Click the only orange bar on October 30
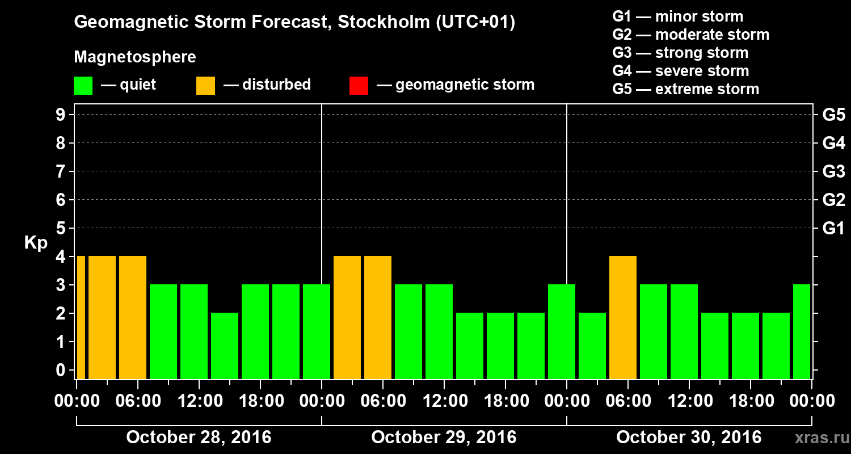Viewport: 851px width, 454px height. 622,317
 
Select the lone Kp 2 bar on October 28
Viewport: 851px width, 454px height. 224,346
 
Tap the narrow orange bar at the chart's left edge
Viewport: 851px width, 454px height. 81,317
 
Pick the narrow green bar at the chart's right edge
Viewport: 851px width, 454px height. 801,331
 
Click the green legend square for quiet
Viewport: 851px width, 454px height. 83,86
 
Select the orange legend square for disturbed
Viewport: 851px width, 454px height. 205,86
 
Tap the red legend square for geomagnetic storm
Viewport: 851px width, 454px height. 359,86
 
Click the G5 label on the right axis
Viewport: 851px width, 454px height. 833,115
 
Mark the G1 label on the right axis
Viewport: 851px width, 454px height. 833,229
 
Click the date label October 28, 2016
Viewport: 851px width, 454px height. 199,438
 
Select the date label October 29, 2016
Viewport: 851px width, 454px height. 444,438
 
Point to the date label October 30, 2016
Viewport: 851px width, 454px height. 689,438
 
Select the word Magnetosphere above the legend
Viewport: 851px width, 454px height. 135,57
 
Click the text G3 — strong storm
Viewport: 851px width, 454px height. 680,53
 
